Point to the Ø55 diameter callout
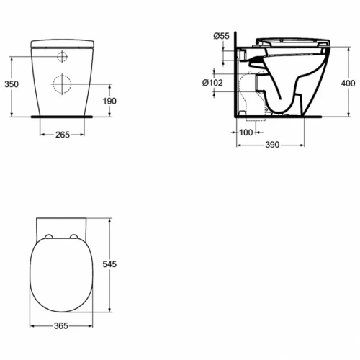click(221, 35)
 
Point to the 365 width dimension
click(60, 326)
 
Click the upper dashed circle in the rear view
click(61, 57)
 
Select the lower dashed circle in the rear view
click(60, 84)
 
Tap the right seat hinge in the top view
click(74, 236)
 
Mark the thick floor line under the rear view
click(60, 114)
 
